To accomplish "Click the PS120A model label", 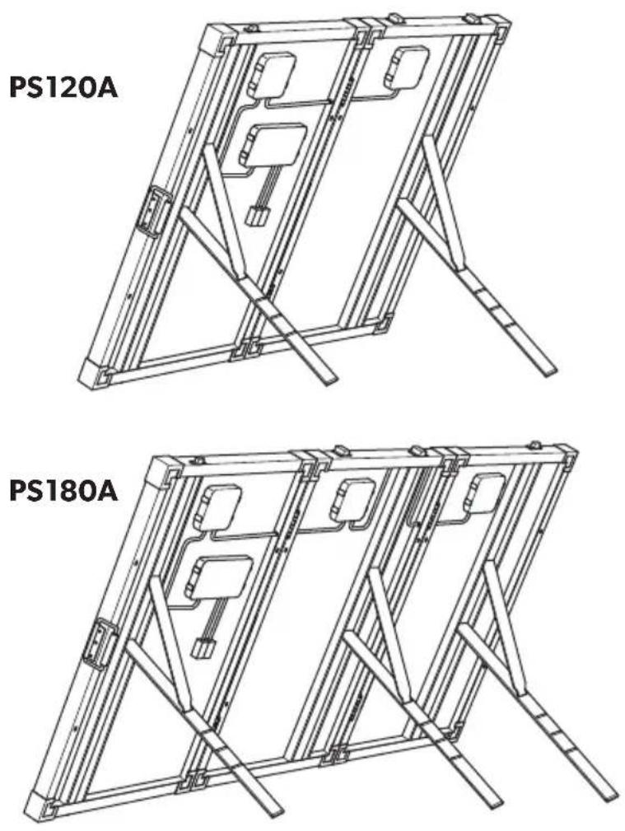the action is (63, 88).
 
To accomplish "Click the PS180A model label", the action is (63, 492).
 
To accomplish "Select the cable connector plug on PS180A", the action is (203, 649).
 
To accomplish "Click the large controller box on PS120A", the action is (272, 145).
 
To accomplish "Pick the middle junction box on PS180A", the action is (352, 499).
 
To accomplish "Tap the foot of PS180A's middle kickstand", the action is (490, 801).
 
